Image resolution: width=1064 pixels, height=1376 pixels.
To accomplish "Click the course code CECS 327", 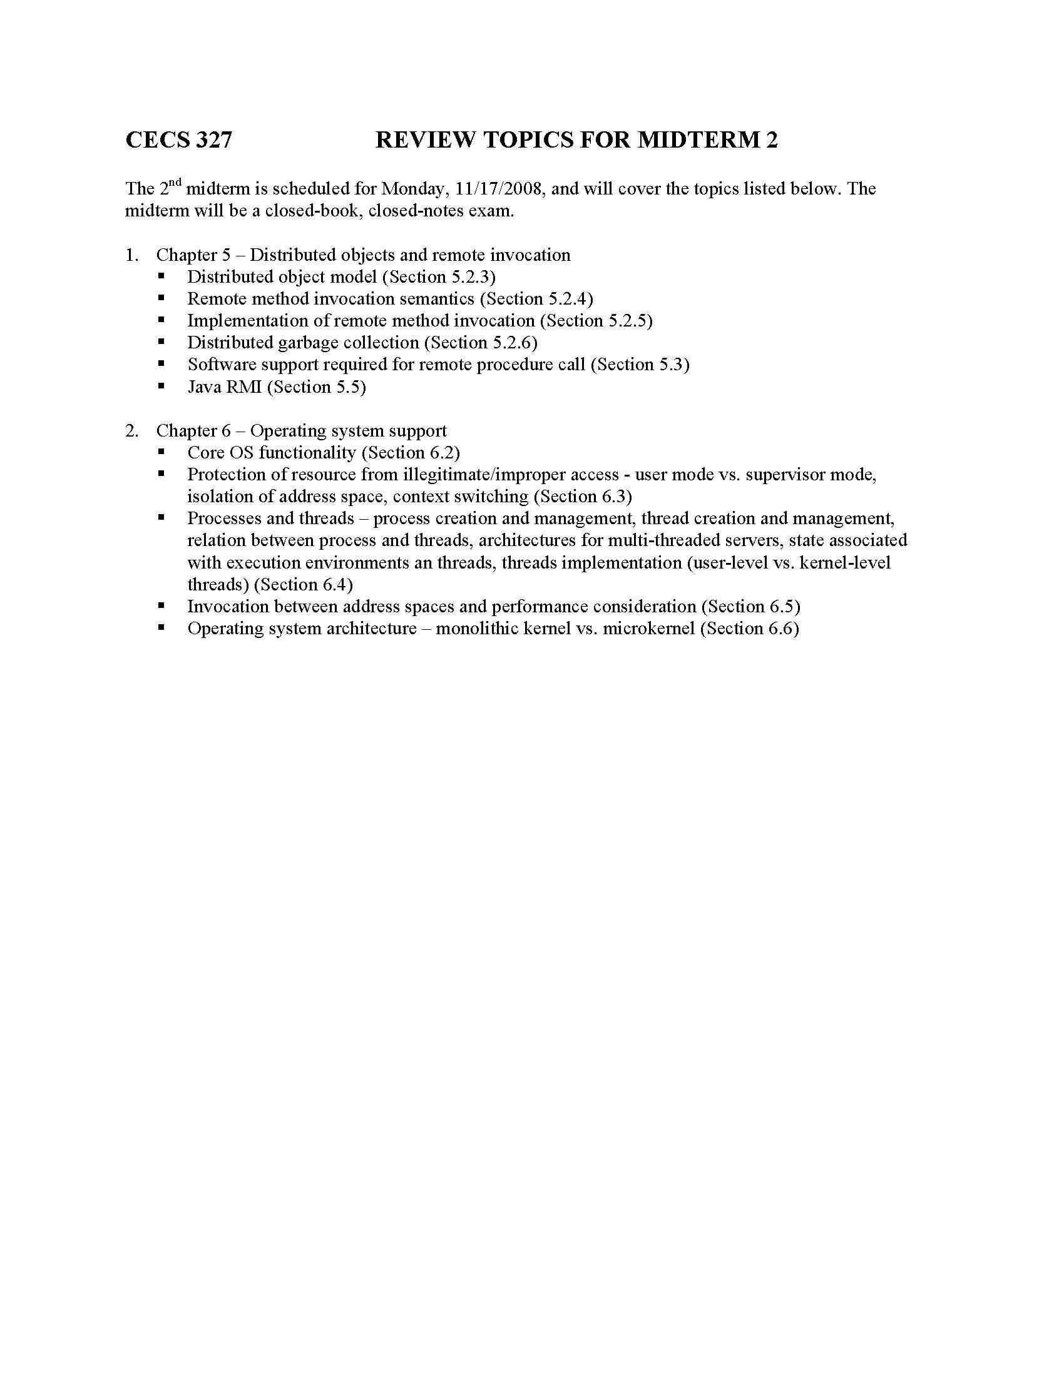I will click(x=178, y=139).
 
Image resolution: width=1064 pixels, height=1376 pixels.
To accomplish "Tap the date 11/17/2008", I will click(x=499, y=189).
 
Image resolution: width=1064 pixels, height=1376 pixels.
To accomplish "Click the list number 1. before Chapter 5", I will click(x=131, y=255).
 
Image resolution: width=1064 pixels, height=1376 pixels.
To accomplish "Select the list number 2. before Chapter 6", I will click(x=131, y=431).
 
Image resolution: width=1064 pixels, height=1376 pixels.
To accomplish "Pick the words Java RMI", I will click(x=225, y=387).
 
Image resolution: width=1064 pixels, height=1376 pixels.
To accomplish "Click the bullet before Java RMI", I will click(x=162, y=385).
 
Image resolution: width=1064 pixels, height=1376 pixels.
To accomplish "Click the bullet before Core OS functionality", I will click(x=162, y=452).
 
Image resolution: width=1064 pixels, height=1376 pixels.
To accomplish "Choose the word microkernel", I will click(x=648, y=629).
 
